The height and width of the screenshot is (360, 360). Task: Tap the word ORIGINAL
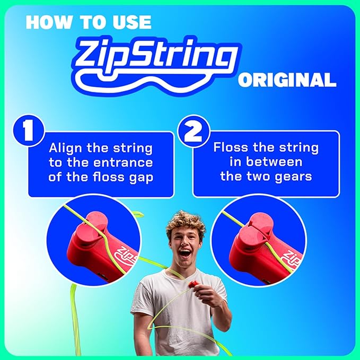[287, 81]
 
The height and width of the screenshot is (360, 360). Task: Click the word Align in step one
[68, 147]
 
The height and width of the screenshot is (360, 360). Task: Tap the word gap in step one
[142, 177]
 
